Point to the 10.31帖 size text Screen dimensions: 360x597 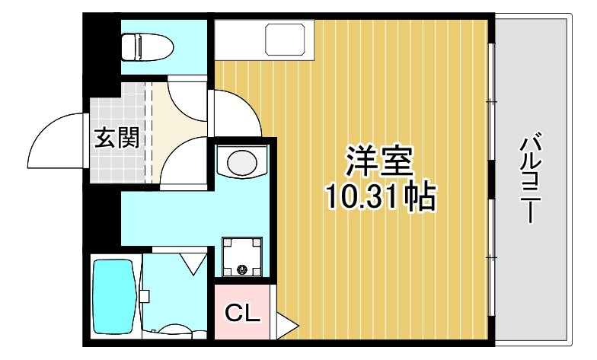(381, 199)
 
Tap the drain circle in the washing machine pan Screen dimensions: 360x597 (243, 269)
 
